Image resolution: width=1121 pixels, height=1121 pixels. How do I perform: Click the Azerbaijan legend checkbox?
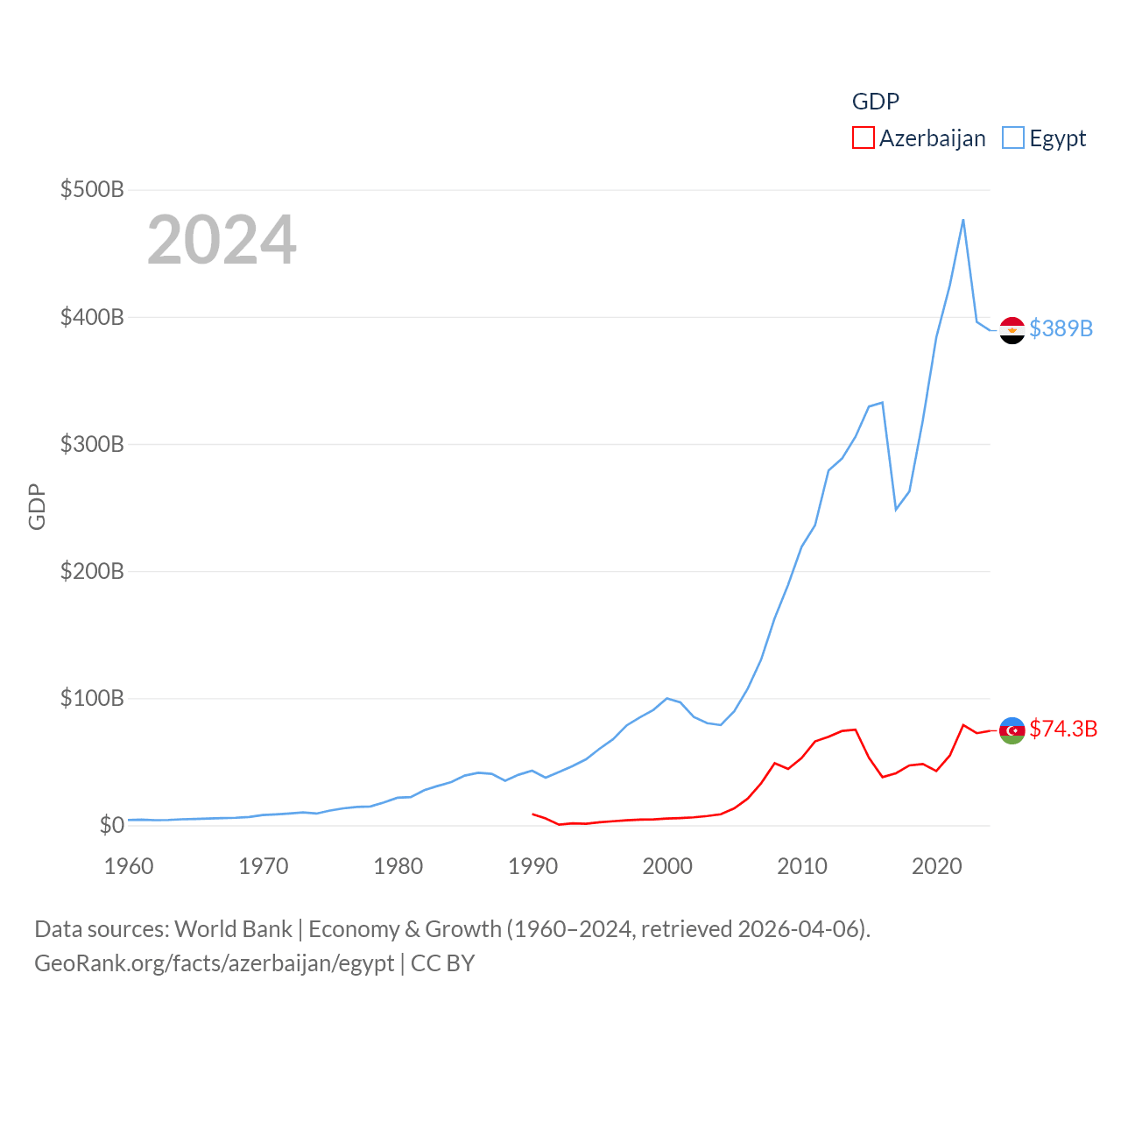[x=864, y=138]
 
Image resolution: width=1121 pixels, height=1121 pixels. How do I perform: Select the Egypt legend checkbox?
[x=1013, y=138]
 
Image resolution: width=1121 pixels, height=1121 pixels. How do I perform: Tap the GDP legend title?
[x=876, y=102]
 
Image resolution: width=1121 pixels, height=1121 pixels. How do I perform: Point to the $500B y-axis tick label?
[x=92, y=189]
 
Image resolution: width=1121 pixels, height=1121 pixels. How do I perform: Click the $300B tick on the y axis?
[x=92, y=444]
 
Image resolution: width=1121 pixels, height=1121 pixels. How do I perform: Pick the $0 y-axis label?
[x=111, y=825]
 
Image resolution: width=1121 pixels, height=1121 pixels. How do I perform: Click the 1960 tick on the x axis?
[x=129, y=866]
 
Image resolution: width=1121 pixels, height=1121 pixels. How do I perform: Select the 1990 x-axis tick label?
[x=532, y=866]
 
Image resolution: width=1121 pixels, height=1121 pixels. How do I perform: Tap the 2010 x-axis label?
[x=802, y=866]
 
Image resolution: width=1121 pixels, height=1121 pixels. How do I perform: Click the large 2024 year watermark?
[x=222, y=240]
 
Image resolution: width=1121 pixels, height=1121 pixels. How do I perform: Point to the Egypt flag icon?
[x=1012, y=330]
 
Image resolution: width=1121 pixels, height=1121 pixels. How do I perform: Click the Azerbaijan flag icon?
[x=1012, y=730]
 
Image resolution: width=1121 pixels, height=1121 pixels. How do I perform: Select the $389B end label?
[x=1061, y=328]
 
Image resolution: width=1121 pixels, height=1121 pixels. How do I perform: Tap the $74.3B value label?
[x=1063, y=729]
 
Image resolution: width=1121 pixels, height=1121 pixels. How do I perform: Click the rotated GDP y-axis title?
[x=37, y=506]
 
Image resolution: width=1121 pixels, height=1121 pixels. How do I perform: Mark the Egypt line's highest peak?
[x=963, y=220]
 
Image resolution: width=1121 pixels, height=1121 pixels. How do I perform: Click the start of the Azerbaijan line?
[x=532, y=814]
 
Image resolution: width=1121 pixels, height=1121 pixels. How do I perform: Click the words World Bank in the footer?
[x=234, y=928]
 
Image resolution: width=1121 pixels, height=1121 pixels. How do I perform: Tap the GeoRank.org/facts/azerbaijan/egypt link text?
[x=215, y=963]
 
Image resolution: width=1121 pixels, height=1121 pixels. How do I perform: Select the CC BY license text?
[x=443, y=963]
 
